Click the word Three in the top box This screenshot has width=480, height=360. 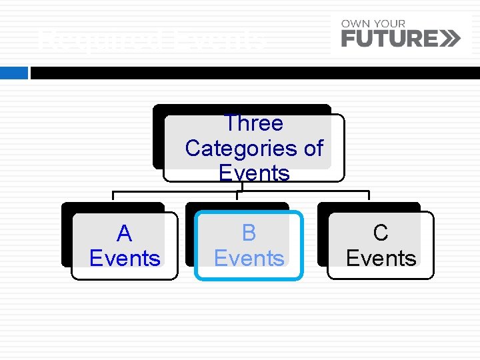tap(253, 123)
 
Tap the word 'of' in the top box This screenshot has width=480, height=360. tap(313, 148)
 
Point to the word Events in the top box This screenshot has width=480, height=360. tap(253, 173)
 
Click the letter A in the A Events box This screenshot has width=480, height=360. tap(124, 234)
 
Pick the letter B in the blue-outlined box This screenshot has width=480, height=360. tap(249, 233)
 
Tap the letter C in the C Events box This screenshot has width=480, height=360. tap(381, 233)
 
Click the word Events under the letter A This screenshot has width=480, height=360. tap(125, 258)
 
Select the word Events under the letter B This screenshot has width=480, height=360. tap(249, 258)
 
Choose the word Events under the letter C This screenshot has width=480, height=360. tap(381, 258)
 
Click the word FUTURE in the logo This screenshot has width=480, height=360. tap(389, 39)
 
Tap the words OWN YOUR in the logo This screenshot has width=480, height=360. tap(373, 24)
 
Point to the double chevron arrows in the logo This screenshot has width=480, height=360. tap(450, 39)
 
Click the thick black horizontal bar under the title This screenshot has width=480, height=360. tap(253, 73)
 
